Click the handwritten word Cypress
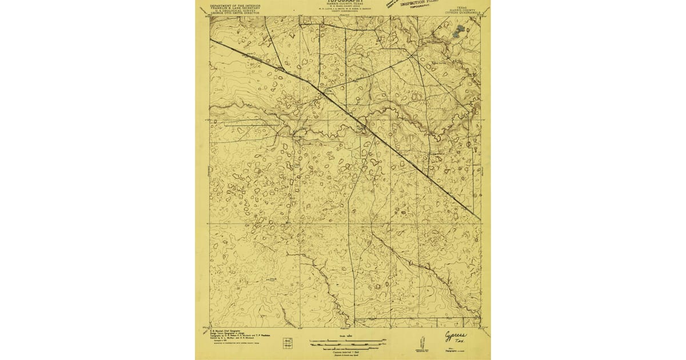point(454,334)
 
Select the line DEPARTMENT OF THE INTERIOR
point(235,5)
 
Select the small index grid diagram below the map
point(287,343)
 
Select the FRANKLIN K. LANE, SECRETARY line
point(235,8)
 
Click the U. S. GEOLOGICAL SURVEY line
point(235,11)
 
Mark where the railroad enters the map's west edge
point(210,39)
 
